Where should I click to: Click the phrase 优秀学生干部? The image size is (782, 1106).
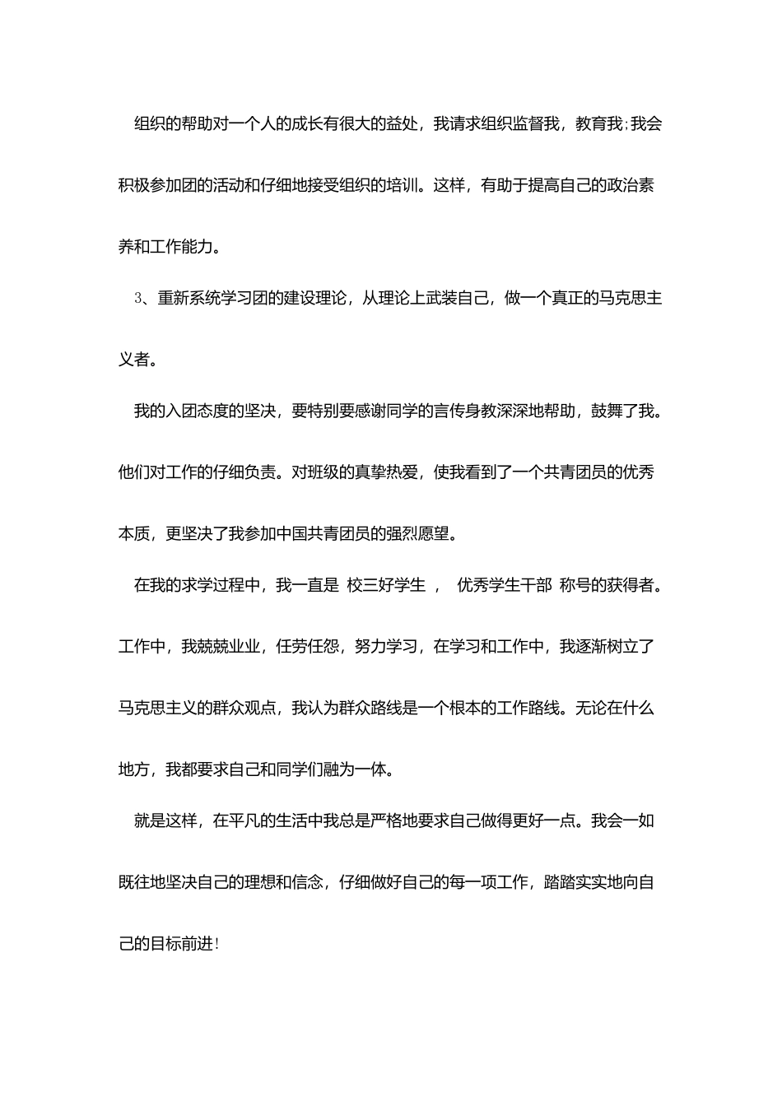click(x=504, y=585)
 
